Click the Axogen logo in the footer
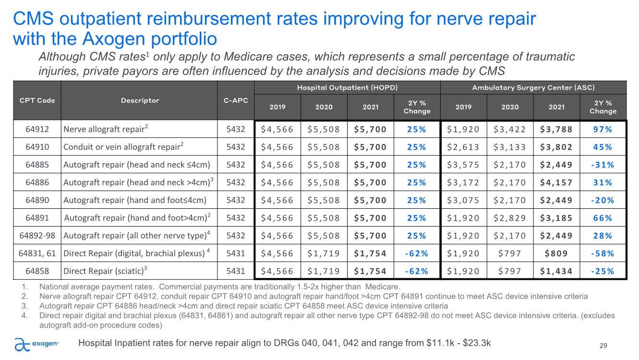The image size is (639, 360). point(36,344)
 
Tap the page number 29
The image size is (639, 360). point(603,346)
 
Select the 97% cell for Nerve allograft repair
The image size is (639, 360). point(603,129)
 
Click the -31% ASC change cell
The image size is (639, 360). point(603,165)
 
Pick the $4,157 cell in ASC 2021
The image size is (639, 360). point(556,182)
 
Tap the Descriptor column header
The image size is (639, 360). point(140,100)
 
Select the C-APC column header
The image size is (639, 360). point(236,100)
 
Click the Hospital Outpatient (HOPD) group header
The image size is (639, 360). point(347,87)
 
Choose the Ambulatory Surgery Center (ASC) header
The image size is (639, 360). point(533,87)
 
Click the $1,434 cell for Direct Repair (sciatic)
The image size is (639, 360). point(556,271)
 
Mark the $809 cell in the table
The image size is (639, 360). point(556,253)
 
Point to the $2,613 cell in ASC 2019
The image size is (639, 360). point(463,147)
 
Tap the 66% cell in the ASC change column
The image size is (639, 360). point(603,218)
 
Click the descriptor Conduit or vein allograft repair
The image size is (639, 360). point(122,147)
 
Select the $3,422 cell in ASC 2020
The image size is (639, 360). point(510,129)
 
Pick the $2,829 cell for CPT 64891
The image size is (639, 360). point(510,218)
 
